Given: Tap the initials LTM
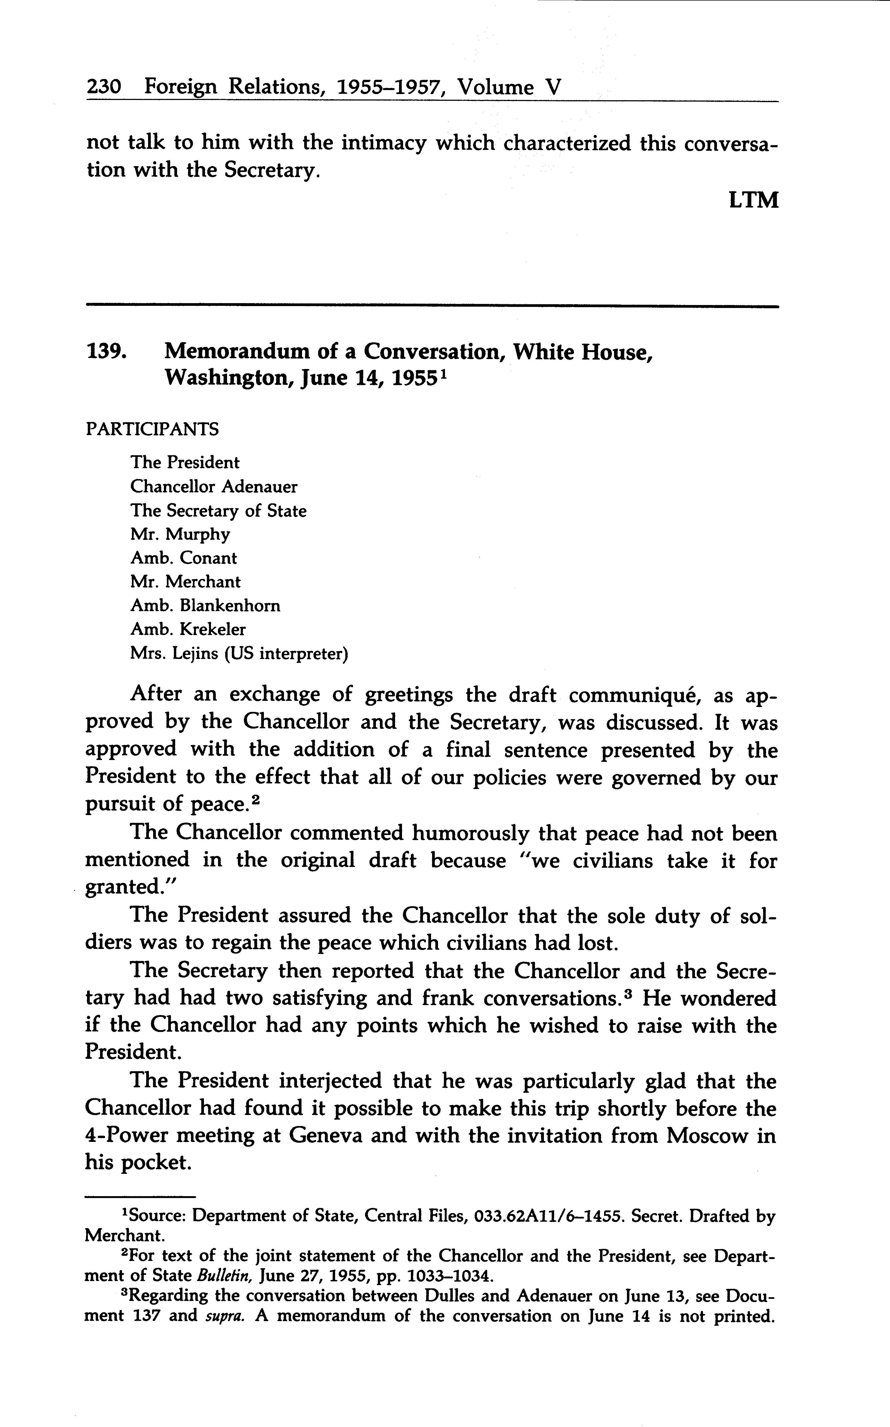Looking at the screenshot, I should [x=753, y=201].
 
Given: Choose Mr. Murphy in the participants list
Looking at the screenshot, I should [x=180, y=535].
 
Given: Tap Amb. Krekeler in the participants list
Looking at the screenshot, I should [x=188, y=629].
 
